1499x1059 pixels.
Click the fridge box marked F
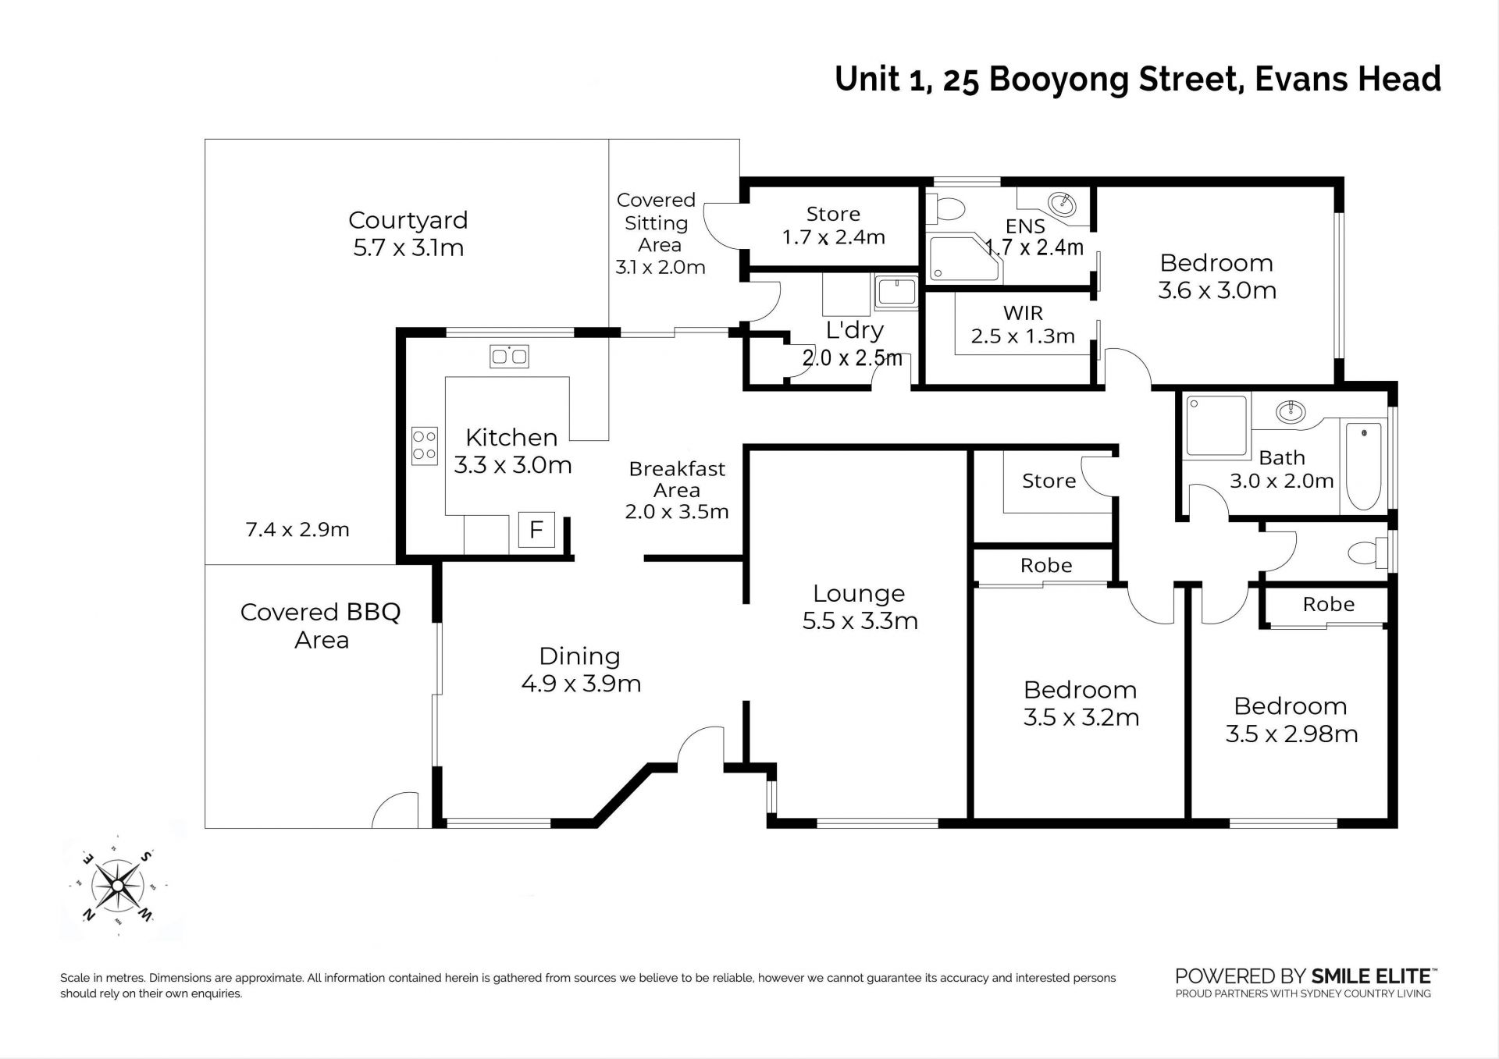536,530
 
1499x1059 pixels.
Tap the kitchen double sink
509,357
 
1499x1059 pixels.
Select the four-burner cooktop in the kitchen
425,446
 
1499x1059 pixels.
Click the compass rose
117,886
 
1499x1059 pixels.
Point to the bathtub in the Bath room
1363,465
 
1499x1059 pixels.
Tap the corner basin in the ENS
1061,204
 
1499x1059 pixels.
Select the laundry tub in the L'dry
896,292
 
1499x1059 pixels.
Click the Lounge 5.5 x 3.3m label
860,607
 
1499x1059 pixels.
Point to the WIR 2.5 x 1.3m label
1023,325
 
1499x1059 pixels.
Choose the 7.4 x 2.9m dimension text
297,530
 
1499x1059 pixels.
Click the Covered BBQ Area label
321,626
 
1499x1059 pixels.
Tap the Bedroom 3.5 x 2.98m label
1291,720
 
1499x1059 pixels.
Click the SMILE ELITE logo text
1374,975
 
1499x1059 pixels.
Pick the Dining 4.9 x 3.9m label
580,670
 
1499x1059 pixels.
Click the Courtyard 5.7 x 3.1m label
408,233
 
